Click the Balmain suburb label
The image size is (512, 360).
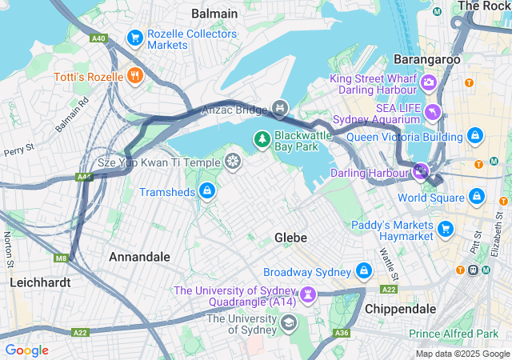click(214, 14)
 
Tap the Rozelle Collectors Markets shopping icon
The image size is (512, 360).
click(134, 37)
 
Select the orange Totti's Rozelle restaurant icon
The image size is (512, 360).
click(134, 77)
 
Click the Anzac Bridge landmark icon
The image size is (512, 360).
click(279, 107)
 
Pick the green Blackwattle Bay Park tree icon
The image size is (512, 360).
click(262, 139)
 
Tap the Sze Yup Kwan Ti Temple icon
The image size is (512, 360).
click(232, 162)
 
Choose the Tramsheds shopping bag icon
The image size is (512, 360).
click(206, 190)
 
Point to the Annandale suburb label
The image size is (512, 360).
click(139, 257)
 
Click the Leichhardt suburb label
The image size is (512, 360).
click(40, 282)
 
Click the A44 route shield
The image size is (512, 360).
click(85, 177)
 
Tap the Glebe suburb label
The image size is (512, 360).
click(291, 238)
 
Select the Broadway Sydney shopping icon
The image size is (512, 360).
click(365, 271)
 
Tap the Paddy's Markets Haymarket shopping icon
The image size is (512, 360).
click(446, 230)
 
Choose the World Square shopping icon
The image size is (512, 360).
click(477, 196)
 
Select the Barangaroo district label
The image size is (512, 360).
click(426, 59)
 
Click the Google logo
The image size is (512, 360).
click(27, 350)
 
